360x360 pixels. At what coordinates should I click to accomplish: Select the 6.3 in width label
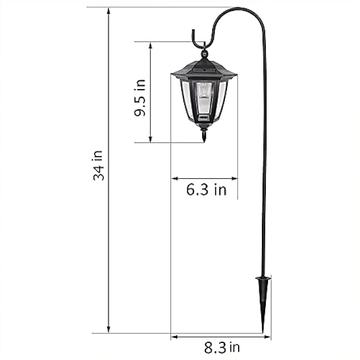[x=206, y=190]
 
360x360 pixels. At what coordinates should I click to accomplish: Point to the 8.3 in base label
[x=222, y=347]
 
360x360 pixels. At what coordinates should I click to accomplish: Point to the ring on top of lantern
[x=204, y=54]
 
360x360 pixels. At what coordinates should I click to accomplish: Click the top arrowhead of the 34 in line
[x=109, y=11]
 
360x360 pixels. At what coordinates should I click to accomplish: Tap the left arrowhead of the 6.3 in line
[x=174, y=178]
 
